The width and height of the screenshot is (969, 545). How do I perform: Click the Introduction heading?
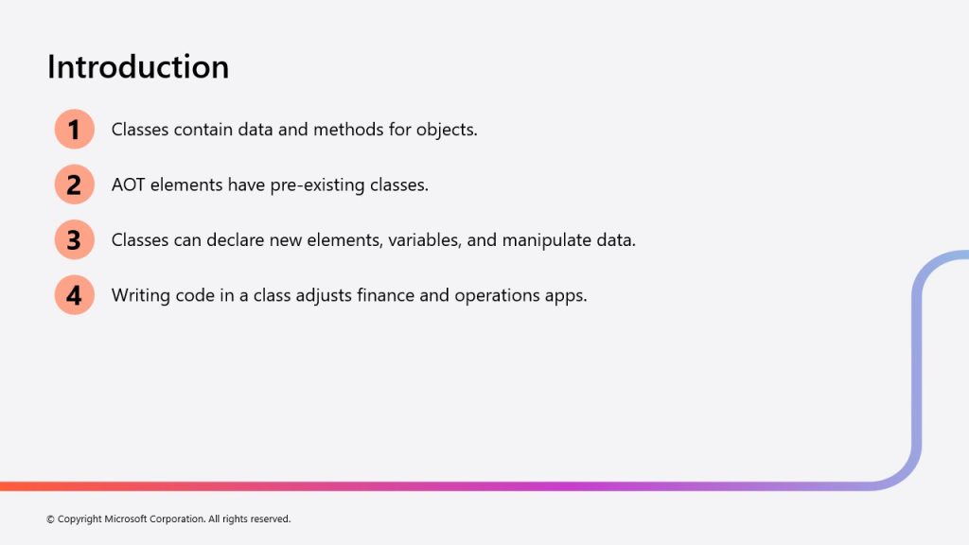click(138, 67)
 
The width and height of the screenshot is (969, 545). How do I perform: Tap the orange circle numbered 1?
click(74, 129)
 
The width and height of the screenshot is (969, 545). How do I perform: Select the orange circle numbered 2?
click(74, 185)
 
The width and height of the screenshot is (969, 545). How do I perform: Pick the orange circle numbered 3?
click(74, 239)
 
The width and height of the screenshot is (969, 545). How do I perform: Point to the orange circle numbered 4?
click(74, 295)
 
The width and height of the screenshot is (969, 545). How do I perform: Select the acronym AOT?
click(128, 185)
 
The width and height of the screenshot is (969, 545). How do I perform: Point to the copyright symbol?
click(51, 519)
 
